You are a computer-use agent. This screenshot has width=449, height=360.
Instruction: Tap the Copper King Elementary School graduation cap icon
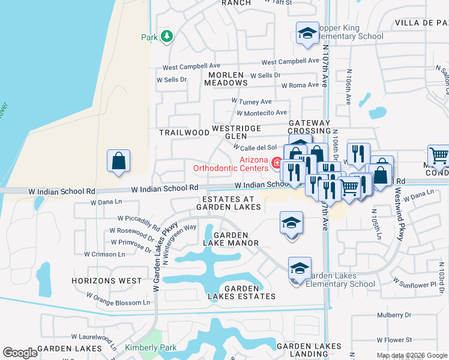pyautogui.click(x=307, y=34)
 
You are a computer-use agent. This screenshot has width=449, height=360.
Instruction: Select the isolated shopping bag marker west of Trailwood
pyautogui.click(x=119, y=161)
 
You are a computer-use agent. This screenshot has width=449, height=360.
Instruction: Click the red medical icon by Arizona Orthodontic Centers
pyautogui.click(x=277, y=163)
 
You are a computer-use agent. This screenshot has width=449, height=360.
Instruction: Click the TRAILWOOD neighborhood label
pyautogui.click(x=184, y=132)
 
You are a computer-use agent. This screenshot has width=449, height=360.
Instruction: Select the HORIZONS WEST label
pyautogui.click(x=106, y=281)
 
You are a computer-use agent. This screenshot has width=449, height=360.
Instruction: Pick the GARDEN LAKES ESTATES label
pyautogui.click(x=242, y=292)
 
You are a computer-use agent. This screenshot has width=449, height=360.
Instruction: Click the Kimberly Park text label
pyautogui.click(x=142, y=347)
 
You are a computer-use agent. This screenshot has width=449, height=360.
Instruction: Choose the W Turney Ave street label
pyautogui.click(x=252, y=102)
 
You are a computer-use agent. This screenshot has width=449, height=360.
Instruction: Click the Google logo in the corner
pyautogui.click(x=20, y=353)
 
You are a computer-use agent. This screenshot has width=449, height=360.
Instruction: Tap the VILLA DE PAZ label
pyautogui.click(x=421, y=23)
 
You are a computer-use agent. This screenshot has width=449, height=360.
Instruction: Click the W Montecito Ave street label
pyautogui.click(x=262, y=113)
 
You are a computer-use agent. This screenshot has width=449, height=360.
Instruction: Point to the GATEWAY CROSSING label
pyautogui.click(x=309, y=127)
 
